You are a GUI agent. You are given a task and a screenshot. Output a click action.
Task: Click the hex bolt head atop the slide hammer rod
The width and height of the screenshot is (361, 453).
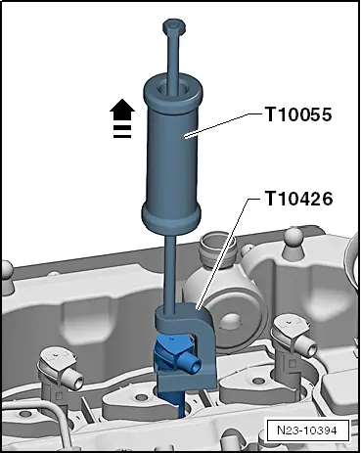tap(174, 24)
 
